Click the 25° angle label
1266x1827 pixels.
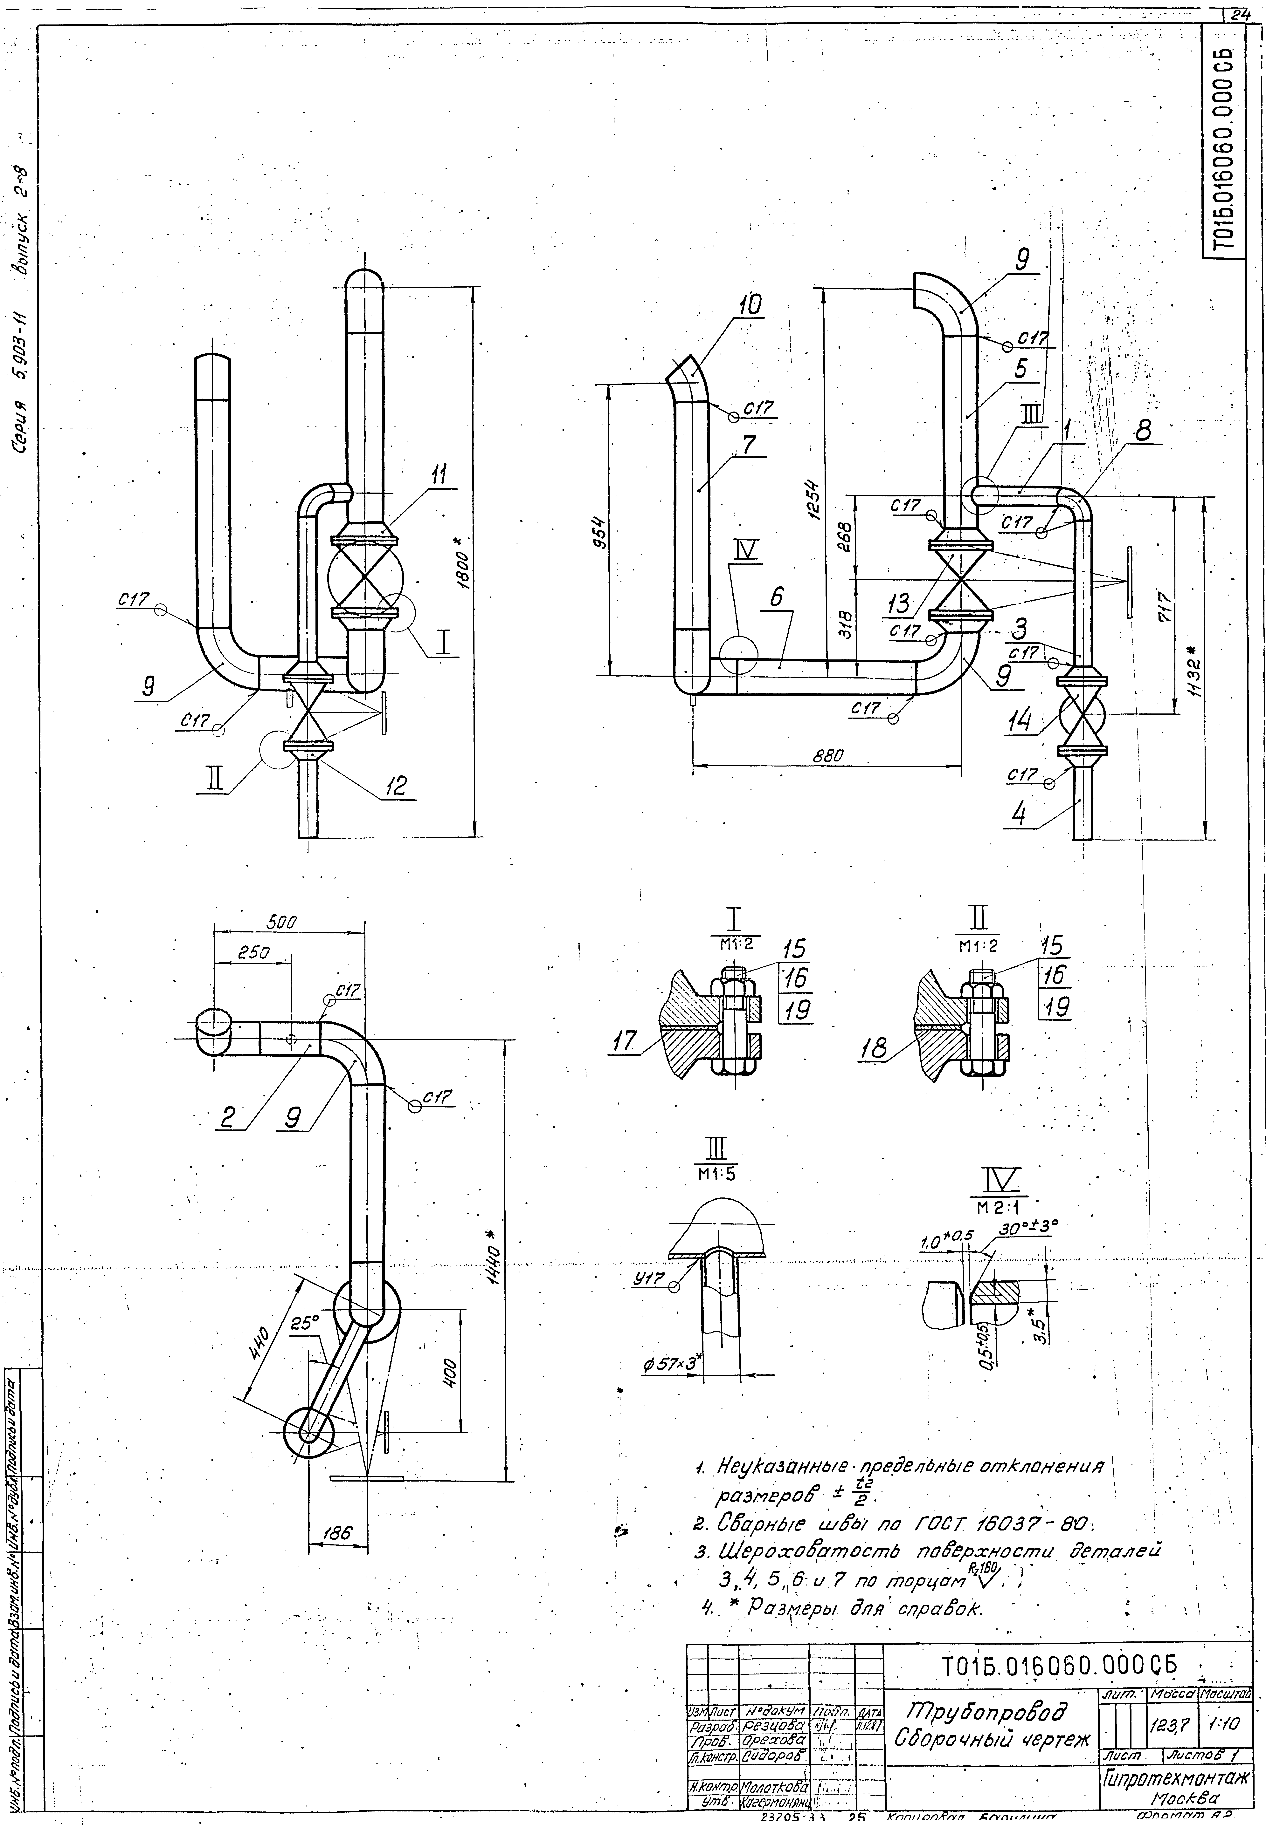click(304, 1323)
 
